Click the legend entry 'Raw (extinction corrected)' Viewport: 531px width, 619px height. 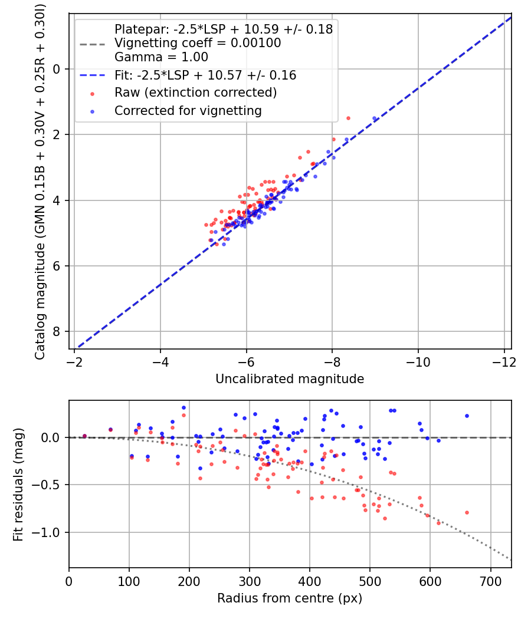point(195,93)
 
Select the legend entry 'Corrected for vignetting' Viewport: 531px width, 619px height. point(188,111)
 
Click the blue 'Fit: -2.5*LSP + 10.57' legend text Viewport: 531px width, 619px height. point(205,75)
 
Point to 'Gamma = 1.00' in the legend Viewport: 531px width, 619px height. point(161,57)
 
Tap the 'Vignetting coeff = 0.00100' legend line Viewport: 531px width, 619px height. point(198,43)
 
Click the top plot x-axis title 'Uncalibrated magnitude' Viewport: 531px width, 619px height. point(290,379)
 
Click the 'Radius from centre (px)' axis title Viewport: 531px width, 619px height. point(290,598)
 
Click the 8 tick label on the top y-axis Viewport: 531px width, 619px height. point(57,332)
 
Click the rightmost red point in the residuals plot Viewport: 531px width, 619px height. point(467,512)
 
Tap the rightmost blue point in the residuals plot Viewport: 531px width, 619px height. point(467,416)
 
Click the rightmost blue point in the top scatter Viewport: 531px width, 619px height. point(374,118)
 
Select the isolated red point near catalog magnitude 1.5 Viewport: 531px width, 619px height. point(348,118)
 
